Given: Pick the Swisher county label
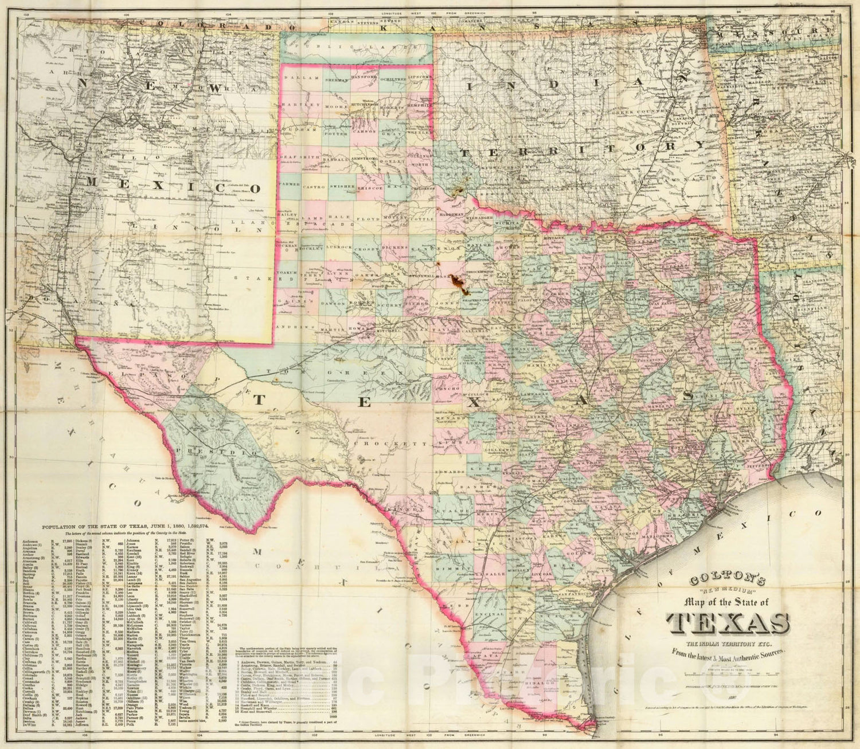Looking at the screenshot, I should point(343,187).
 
